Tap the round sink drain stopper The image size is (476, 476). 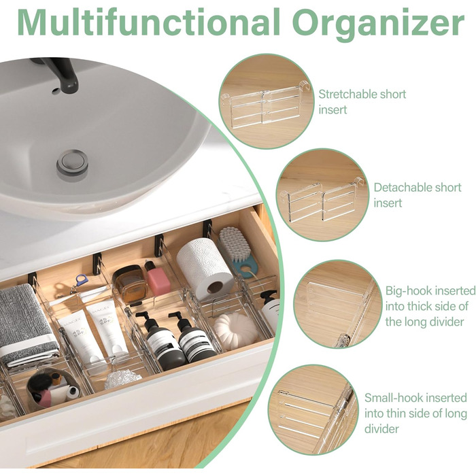pyautogui.click(x=72, y=163)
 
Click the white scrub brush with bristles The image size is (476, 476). pyautogui.click(x=234, y=243)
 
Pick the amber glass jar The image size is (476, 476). pyautogui.click(x=130, y=284)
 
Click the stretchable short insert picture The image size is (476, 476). pyautogui.click(x=267, y=102)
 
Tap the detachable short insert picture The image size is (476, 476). pyautogui.click(x=322, y=195)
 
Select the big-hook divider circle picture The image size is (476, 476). pyautogui.click(x=337, y=304)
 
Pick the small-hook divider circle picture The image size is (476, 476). pyautogui.click(x=313, y=410)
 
